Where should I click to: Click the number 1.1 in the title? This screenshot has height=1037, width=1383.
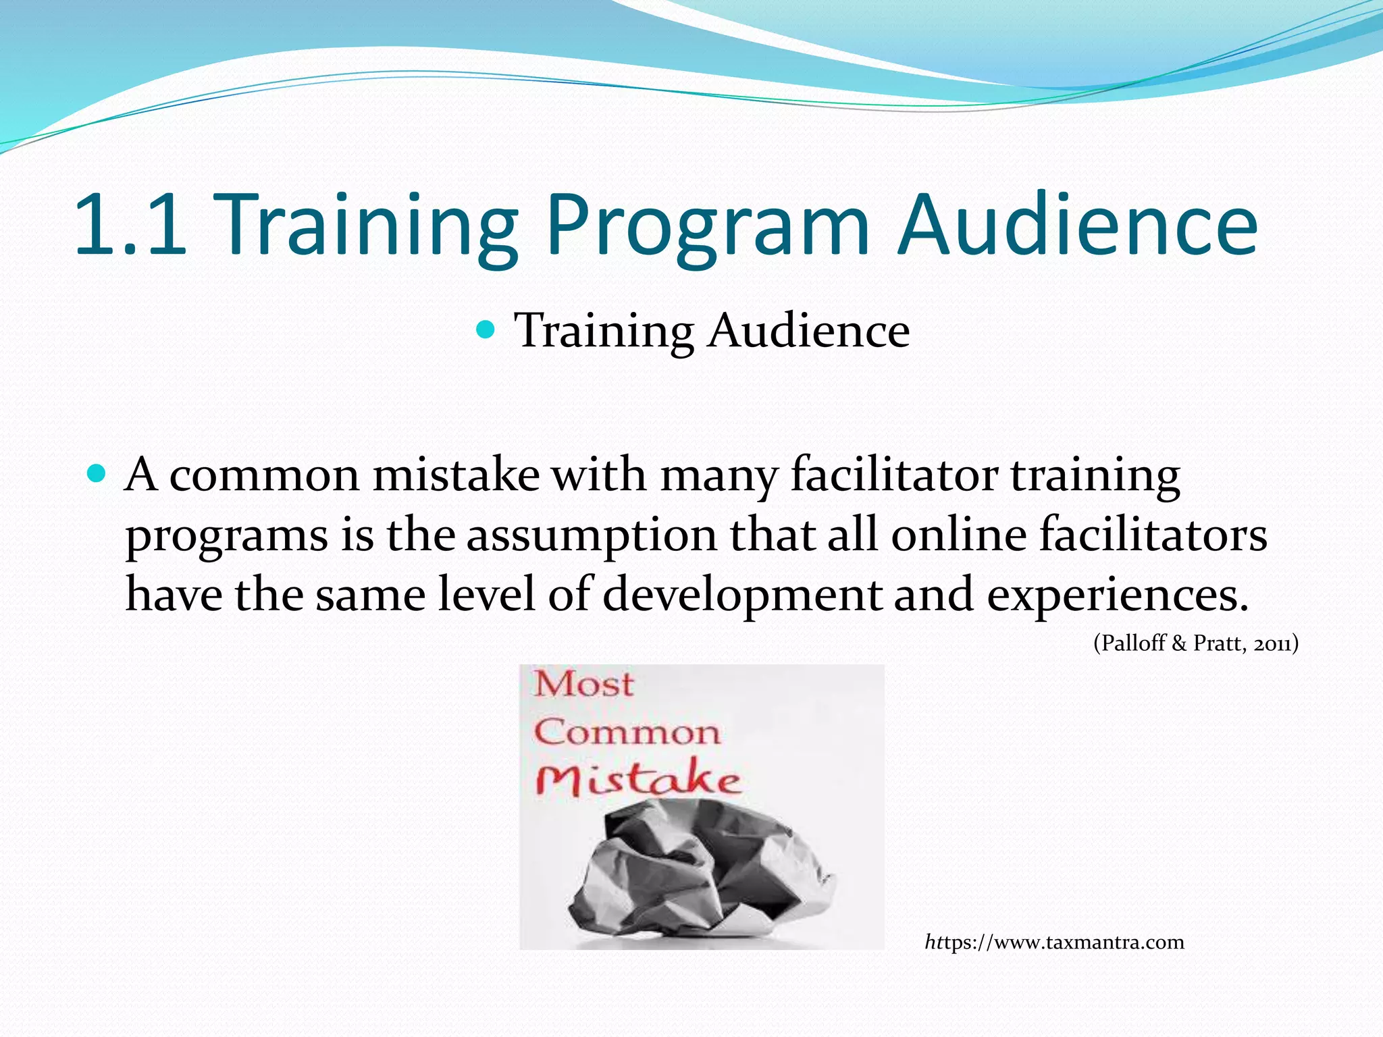[130, 225]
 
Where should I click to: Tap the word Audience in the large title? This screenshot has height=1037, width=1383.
[1077, 225]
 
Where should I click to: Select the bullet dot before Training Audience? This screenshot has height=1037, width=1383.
[486, 330]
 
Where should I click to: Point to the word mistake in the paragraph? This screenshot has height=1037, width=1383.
[456, 475]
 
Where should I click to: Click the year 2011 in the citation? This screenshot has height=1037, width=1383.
[1272, 643]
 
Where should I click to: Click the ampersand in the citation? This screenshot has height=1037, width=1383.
[1179, 643]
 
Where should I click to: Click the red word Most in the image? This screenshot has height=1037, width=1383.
[583, 685]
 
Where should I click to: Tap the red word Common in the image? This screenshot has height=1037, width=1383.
[627, 733]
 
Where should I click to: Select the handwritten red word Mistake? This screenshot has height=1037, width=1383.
[638, 780]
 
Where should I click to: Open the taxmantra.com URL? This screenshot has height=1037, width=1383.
[1054, 942]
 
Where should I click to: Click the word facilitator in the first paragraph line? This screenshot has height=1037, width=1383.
[894, 475]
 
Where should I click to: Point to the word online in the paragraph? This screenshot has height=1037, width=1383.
[958, 535]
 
